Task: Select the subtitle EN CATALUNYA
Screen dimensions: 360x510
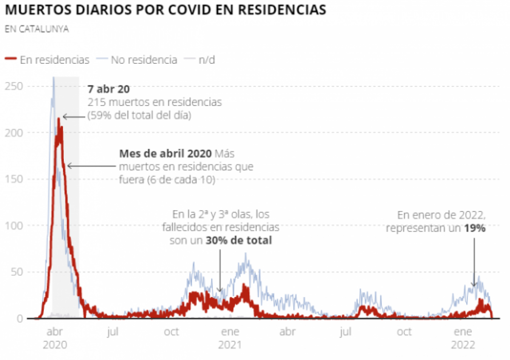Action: (x=37, y=30)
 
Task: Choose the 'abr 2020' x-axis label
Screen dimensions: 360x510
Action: (x=55, y=338)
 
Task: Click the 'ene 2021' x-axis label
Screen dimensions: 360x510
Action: (x=230, y=338)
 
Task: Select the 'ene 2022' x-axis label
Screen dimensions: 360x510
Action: (x=463, y=338)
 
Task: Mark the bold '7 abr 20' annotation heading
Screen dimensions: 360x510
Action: (x=109, y=90)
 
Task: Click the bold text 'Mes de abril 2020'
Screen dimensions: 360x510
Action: (x=166, y=154)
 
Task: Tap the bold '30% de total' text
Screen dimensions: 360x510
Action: (x=238, y=241)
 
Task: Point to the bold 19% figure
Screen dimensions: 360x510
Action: (x=475, y=228)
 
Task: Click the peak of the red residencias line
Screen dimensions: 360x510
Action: (x=59, y=119)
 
